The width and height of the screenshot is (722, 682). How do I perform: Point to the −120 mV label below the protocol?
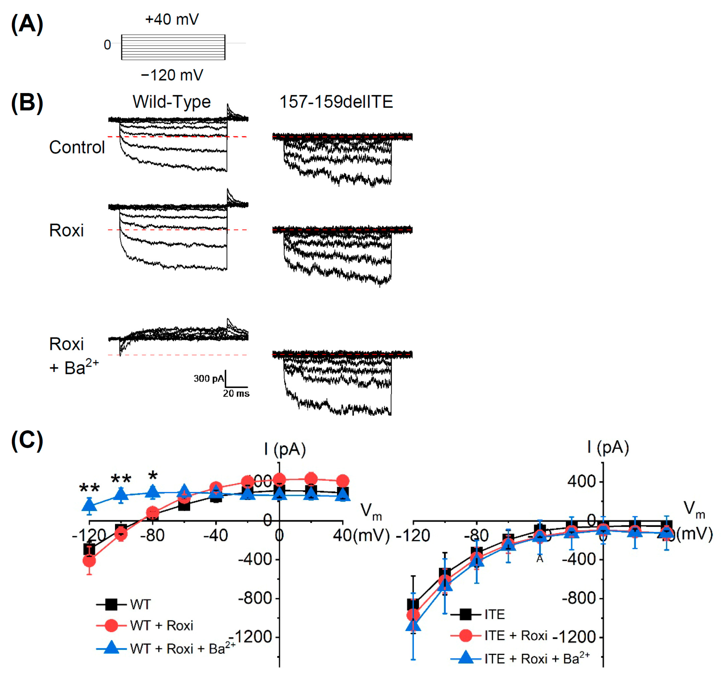[172, 75]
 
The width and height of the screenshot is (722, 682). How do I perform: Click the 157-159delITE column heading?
[336, 102]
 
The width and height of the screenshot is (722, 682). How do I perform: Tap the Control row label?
[77, 148]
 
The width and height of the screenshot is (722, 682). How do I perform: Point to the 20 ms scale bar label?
[236, 393]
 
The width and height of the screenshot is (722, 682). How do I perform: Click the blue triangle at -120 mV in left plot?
[89, 505]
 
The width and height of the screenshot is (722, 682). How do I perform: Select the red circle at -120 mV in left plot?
[89, 561]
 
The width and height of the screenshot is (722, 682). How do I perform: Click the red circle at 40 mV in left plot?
[343, 481]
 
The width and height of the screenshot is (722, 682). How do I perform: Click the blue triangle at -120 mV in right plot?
[413, 626]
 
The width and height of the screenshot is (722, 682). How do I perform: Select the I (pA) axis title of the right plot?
[608, 447]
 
